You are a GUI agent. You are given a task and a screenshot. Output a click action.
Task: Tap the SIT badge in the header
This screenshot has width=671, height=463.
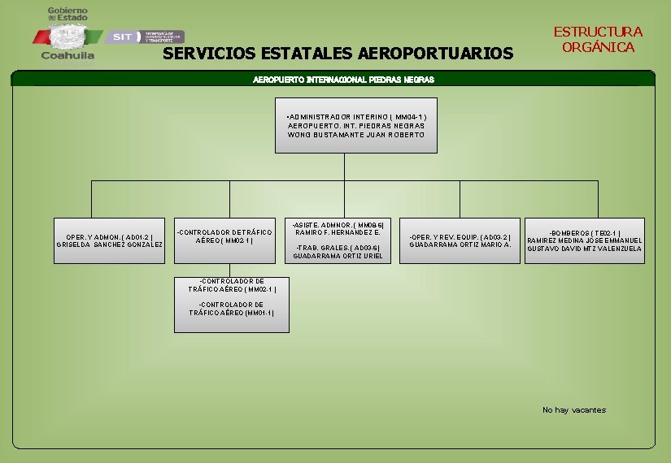click(122, 37)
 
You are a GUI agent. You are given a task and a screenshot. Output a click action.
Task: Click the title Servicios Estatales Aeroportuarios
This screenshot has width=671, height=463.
click(338, 54)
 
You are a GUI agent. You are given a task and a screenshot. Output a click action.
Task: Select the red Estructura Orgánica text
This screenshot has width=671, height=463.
click(598, 39)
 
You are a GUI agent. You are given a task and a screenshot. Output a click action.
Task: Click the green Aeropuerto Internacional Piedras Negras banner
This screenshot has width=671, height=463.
click(344, 80)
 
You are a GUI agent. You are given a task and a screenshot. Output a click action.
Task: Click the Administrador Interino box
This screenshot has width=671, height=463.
click(356, 125)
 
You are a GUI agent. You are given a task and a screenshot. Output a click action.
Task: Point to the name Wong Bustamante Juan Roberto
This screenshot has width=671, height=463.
click(356, 135)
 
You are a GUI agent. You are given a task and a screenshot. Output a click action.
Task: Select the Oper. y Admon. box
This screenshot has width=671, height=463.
click(108, 240)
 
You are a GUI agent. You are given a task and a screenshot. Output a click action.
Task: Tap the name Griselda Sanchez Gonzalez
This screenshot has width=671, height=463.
click(108, 244)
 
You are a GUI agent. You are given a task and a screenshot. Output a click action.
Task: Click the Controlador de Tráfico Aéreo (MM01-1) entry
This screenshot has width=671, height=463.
click(232, 309)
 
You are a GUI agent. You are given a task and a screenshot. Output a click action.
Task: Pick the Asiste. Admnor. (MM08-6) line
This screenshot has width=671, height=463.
click(338, 224)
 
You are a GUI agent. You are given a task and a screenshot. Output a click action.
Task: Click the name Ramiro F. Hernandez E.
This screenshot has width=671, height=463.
click(338, 232)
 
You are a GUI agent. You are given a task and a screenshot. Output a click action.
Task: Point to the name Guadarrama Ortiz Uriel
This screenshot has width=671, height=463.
click(338, 256)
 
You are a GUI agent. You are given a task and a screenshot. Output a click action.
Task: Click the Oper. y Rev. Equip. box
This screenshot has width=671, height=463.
click(460, 240)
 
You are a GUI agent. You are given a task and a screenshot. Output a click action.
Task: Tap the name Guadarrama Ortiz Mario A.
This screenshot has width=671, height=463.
click(460, 244)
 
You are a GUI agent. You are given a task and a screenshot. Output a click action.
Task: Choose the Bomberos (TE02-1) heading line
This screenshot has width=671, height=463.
click(585, 232)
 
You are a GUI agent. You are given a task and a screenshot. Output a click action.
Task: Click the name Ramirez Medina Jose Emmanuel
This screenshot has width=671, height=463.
click(585, 240)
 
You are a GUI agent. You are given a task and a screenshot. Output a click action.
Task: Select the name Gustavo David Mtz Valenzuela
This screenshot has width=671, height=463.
click(585, 249)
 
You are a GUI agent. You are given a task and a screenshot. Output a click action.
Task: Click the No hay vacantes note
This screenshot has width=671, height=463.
click(574, 410)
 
